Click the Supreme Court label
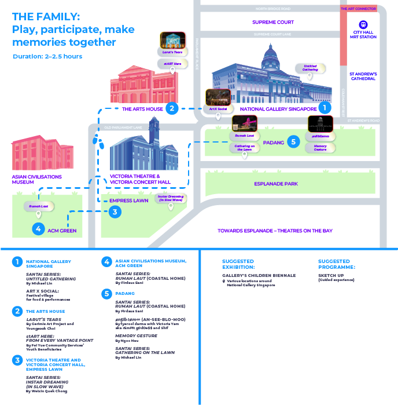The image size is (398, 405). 273,22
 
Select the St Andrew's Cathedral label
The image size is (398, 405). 363,76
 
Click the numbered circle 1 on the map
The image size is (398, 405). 325,107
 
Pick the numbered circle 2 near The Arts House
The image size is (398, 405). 171,108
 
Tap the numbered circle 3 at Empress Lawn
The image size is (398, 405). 115,212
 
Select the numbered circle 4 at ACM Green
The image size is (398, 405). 39,229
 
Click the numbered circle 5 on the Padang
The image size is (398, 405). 293,141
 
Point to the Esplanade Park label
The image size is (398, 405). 276,184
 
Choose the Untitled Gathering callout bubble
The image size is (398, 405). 310,68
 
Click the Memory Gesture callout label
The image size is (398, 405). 320,148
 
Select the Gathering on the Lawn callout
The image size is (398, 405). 245,148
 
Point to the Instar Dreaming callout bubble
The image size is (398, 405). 171,198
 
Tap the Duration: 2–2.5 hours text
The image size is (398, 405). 47,56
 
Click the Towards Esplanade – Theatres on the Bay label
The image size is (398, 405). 275,231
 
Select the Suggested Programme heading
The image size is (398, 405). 337,264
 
